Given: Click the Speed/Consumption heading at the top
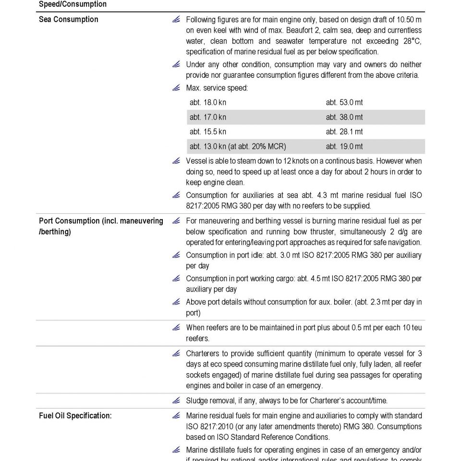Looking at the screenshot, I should click(73, 4).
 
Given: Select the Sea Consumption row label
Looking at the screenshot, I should click(68, 20).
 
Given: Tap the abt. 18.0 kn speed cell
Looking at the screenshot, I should click(208, 102).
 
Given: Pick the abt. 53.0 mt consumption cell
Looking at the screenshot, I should click(344, 102).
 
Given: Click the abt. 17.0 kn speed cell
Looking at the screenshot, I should click(208, 117).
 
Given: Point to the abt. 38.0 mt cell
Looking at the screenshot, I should click(344, 117).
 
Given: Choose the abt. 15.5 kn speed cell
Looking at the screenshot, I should click(208, 132).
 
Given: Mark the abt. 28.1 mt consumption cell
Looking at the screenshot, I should click(344, 132).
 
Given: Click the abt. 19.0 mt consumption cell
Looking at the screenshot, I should click(344, 146).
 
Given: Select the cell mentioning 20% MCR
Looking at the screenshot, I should click(238, 146).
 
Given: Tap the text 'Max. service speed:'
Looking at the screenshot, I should click(217, 88).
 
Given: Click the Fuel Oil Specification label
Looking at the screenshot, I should click(75, 416).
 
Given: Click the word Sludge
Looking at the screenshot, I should click(197, 400).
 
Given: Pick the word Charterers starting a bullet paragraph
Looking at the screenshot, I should click(203, 353).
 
